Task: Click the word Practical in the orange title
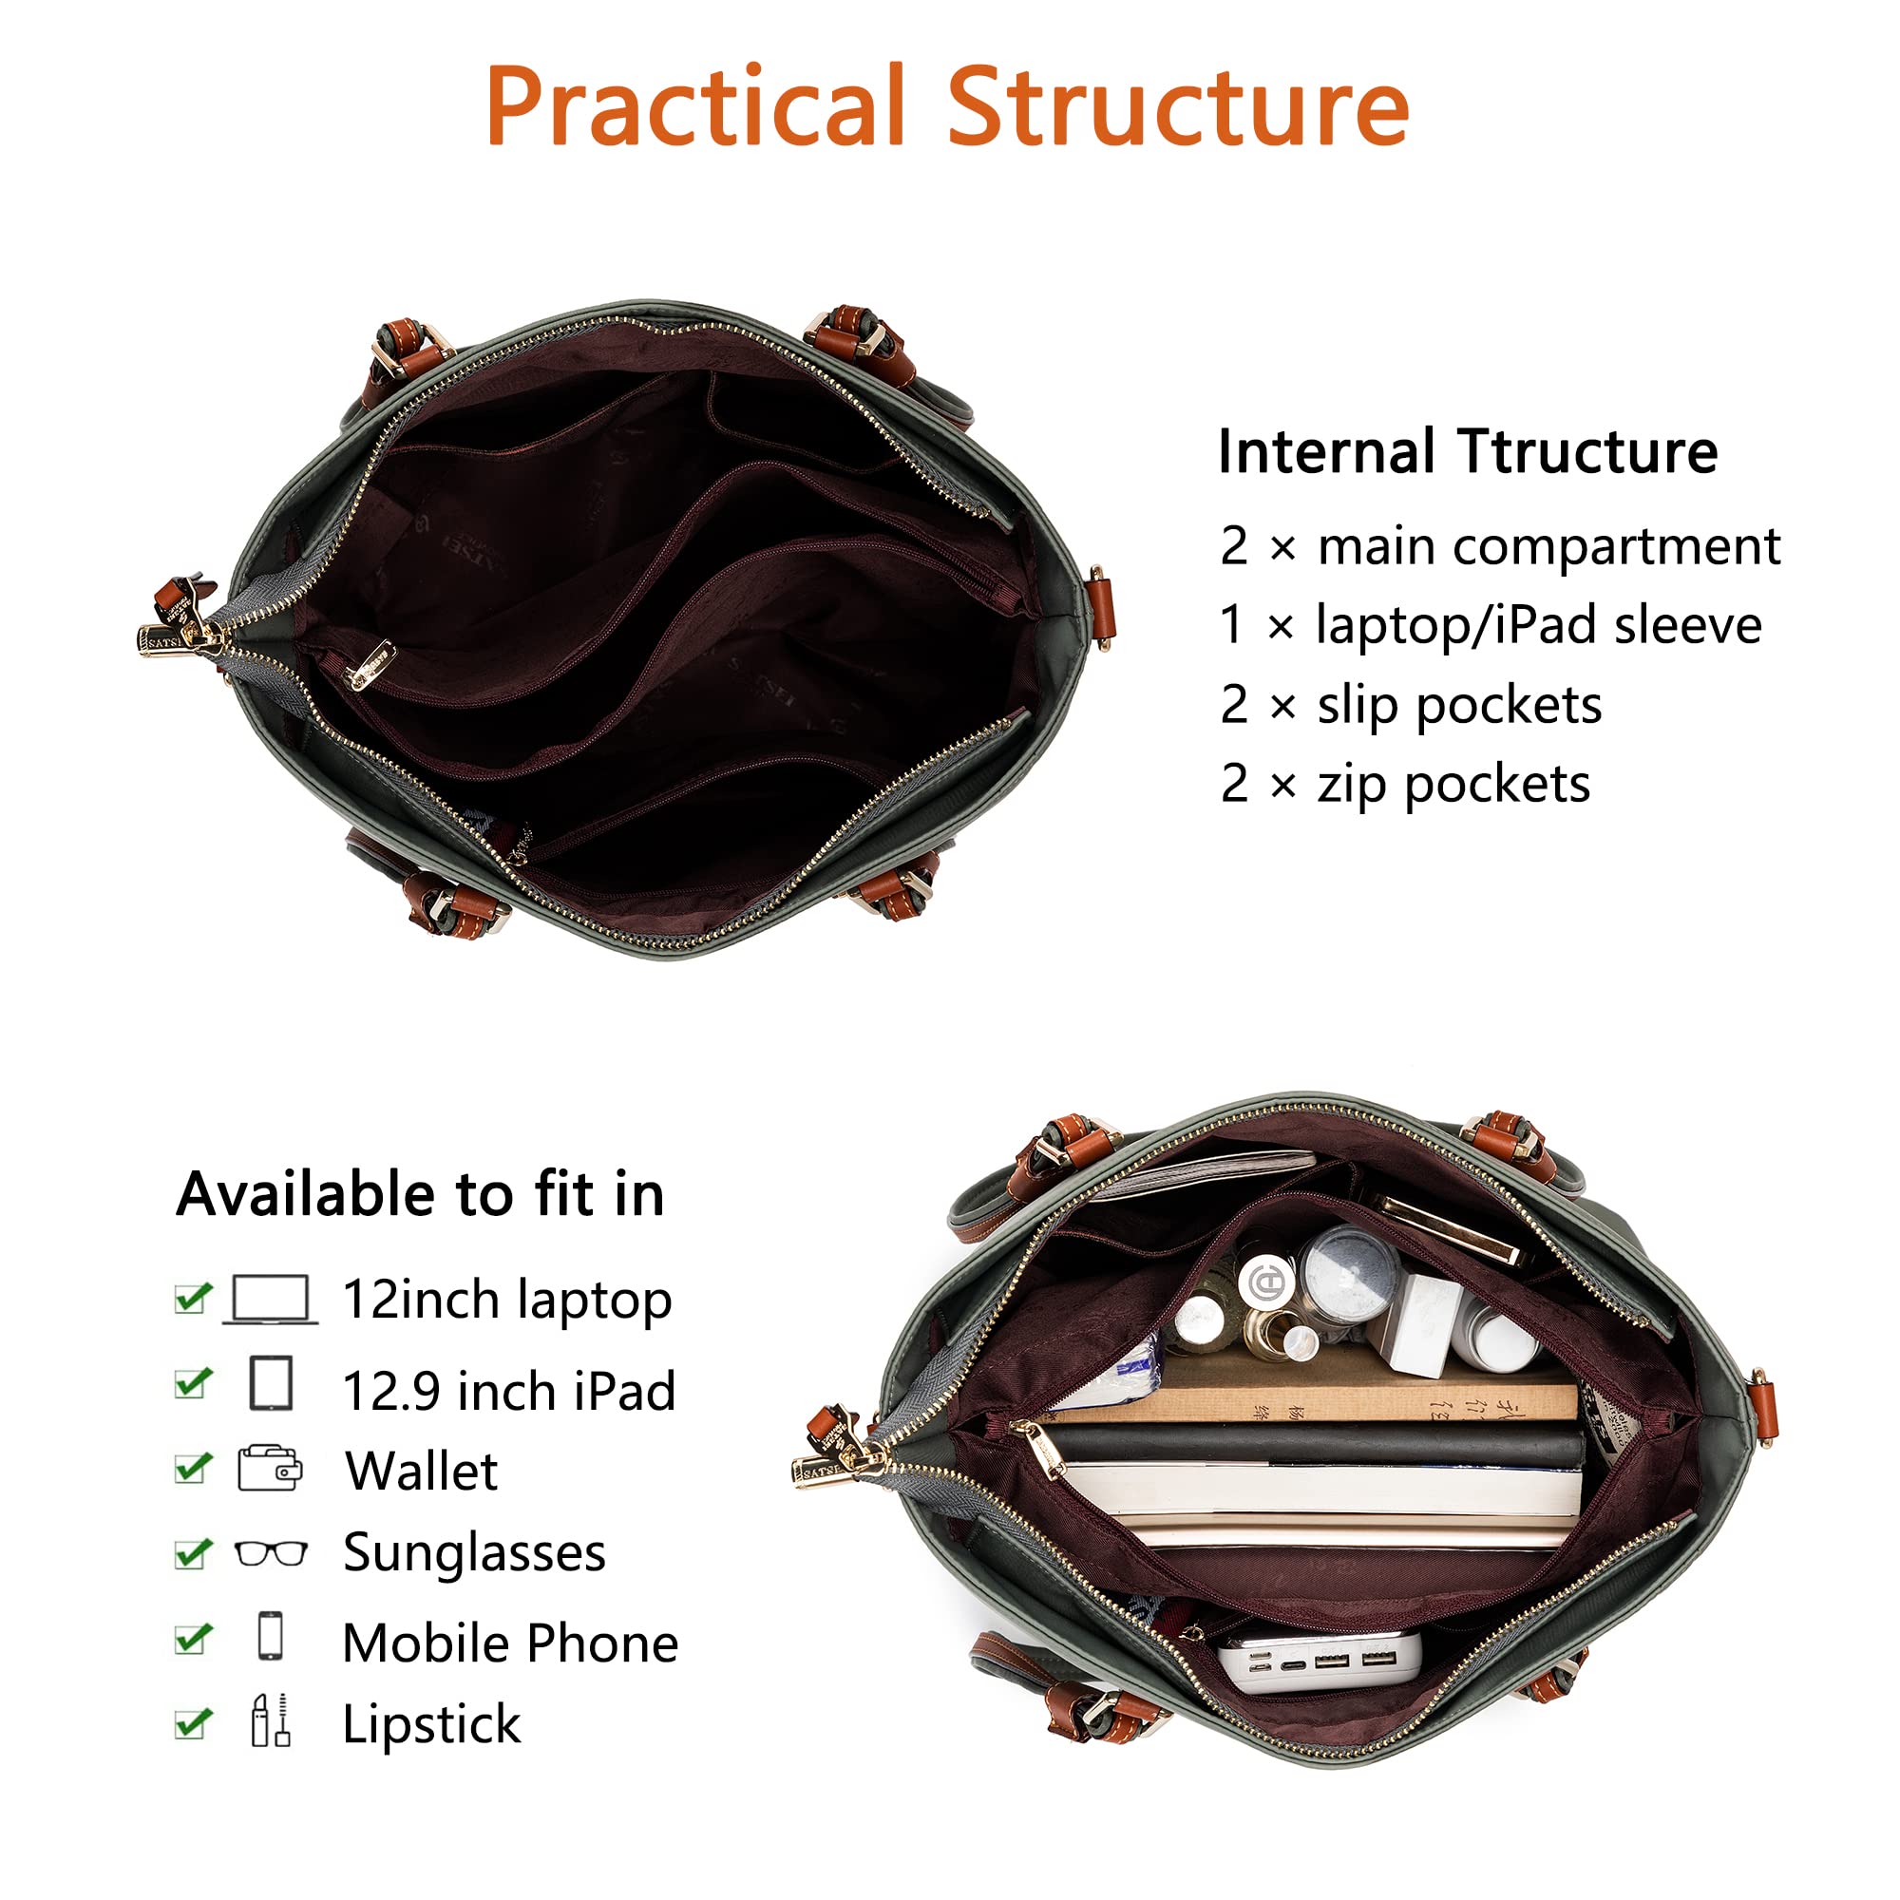pos(695,105)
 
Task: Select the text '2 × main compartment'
pos(1500,546)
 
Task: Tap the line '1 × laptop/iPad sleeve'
pos(1490,625)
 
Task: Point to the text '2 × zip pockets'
pos(1404,784)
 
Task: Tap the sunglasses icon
pos(272,1555)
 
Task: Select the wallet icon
pos(271,1470)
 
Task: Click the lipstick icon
pos(271,1721)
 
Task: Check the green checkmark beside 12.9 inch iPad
pos(193,1384)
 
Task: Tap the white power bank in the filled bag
pos(1320,1663)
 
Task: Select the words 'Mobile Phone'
pos(510,1643)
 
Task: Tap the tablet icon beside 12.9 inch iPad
pos(272,1382)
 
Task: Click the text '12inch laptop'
pos(507,1301)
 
